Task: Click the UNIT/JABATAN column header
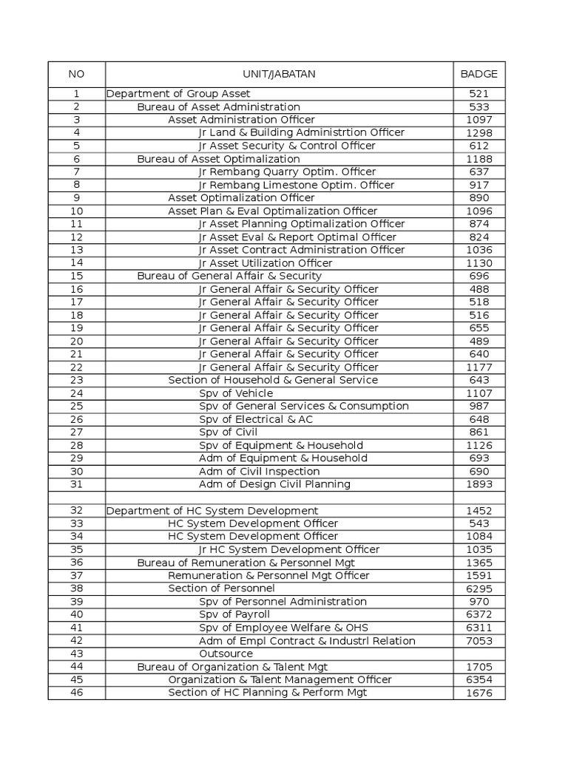click(x=279, y=74)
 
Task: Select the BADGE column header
click(x=479, y=74)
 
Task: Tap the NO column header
click(x=76, y=74)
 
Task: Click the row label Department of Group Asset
click(x=178, y=94)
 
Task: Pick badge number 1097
click(x=479, y=120)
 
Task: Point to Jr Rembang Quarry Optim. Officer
click(x=287, y=172)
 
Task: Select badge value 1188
click(x=479, y=159)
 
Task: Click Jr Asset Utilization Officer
click(x=266, y=263)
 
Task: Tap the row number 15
click(x=76, y=276)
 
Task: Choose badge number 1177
click(x=479, y=367)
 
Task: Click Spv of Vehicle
click(x=236, y=393)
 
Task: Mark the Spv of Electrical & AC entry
click(x=256, y=419)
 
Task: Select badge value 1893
click(x=479, y=484)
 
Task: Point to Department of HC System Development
click(x=212, y=511)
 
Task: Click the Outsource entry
click(x=226, y=654)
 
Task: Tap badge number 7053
click(x=479, y=641)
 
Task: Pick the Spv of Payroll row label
click(x=234, y=614)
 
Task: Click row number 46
click(x=76, y=693)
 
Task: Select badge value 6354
click(x=479, y=679)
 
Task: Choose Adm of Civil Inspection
click(x=259, y=472)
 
